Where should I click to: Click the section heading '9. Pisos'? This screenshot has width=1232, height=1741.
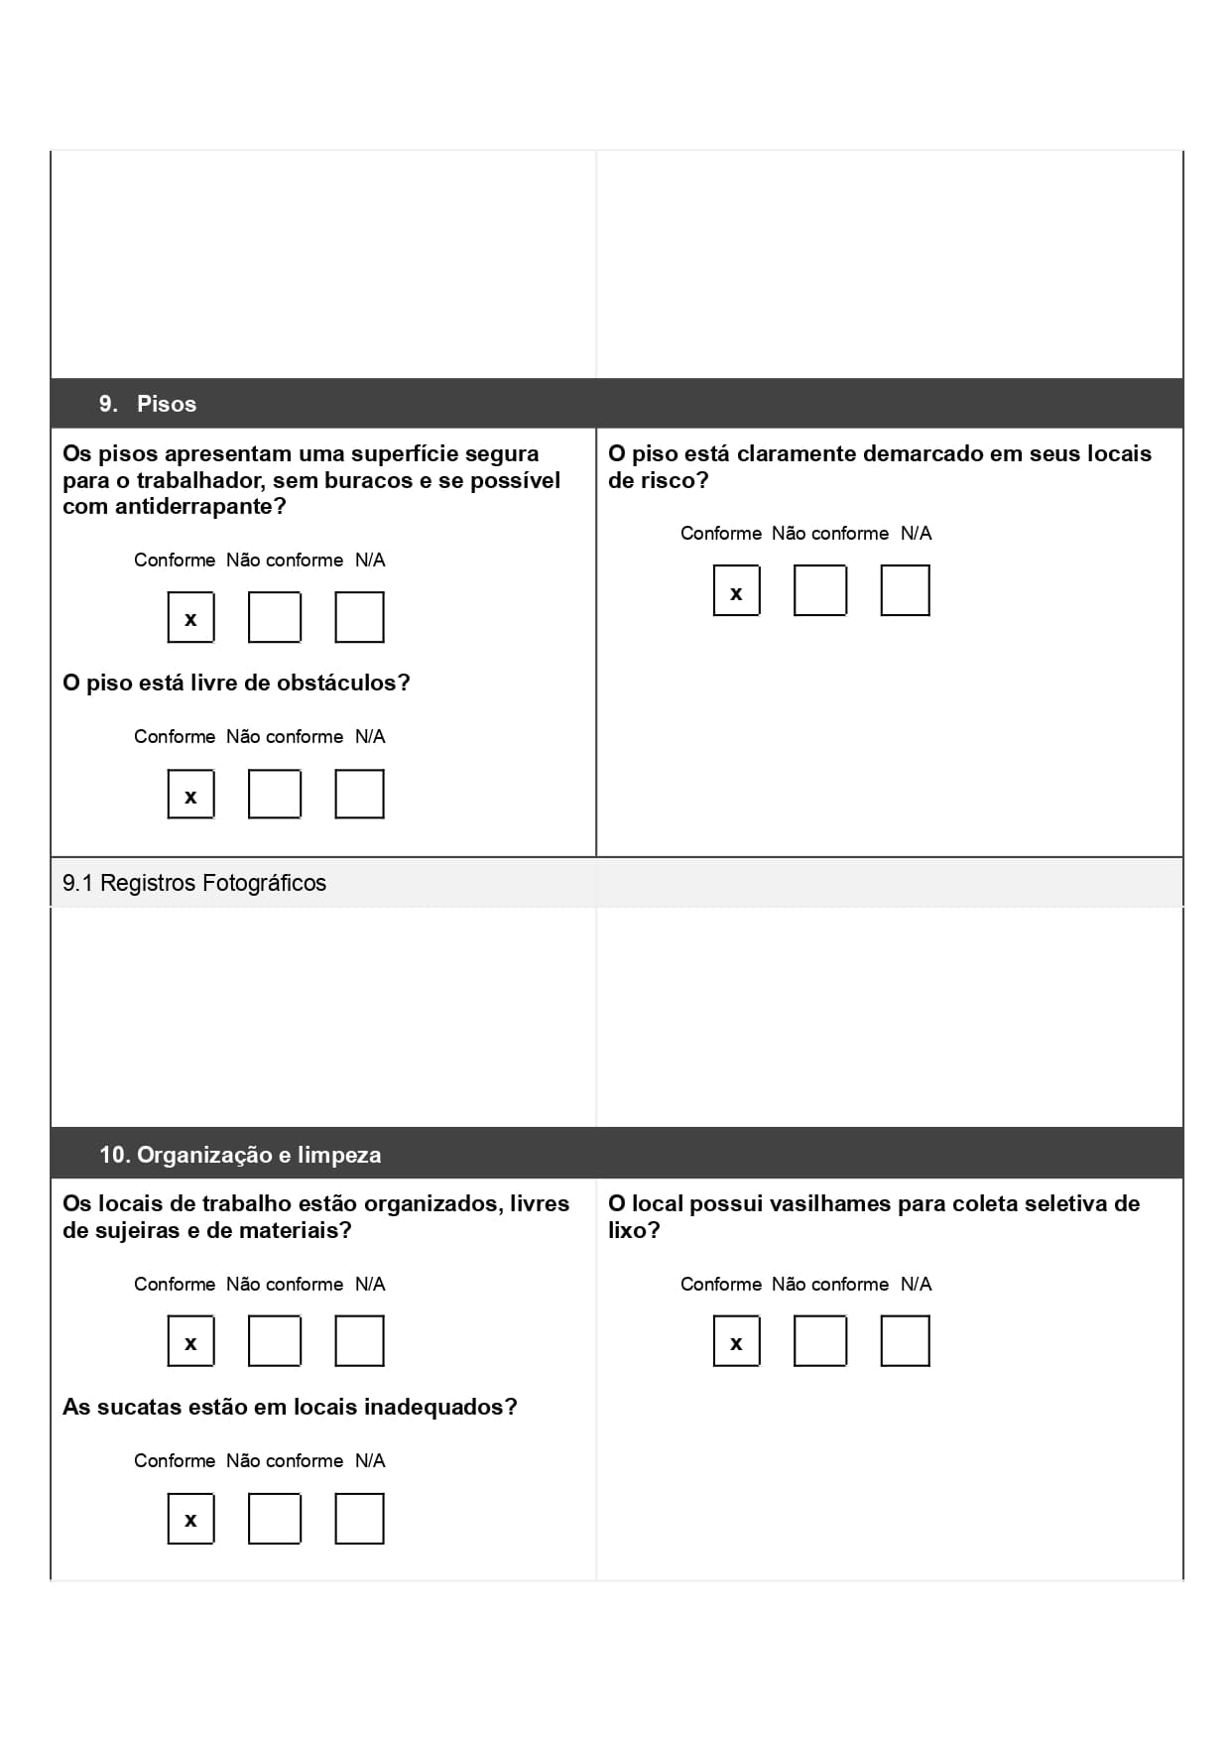click(x=148, y=404)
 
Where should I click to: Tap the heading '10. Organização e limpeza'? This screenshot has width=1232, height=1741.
click(x=240, y=1155)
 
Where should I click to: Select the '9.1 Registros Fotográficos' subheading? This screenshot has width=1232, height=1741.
click(x=194, y=883)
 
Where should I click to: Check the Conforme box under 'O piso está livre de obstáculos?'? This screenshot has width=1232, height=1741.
click(x=191, y=795)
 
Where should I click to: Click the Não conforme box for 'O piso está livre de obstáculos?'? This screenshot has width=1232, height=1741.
click(x=275, y=795)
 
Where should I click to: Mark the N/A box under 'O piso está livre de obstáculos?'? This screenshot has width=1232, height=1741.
click(x=359, y=795)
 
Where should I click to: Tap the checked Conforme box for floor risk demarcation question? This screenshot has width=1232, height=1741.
click(x=736, y=591)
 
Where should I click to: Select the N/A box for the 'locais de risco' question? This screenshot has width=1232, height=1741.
click(x=905, y=591)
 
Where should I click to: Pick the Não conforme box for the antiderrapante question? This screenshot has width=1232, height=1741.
click(x=275, y=618)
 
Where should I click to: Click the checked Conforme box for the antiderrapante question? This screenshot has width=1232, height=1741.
click(x=191, y=618)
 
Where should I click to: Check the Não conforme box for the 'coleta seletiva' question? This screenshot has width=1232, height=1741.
click(x=820, y=1342)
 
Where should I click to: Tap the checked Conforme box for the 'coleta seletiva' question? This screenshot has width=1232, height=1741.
click(x=736, y=1342)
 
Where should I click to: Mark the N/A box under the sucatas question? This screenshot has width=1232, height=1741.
click(x=359, y=1519)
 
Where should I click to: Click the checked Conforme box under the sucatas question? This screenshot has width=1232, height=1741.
click(x=191, y=1519)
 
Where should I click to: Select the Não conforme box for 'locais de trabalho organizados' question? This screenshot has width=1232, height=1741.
click(x=275, y=1342)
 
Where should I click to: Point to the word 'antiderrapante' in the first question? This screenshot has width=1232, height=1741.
click(x=191, y=507)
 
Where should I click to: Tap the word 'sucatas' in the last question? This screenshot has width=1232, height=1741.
click(x=135, y=1408)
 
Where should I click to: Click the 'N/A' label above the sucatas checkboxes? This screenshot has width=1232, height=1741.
click(x=370, y=1461)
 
